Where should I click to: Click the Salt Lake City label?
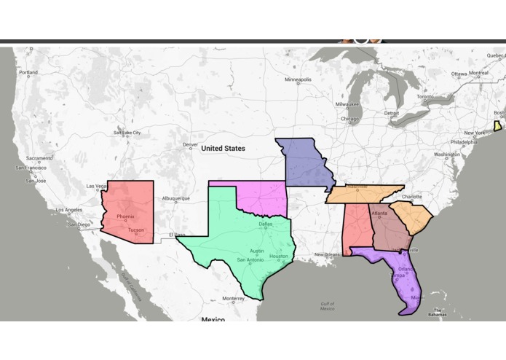tap(127, 133)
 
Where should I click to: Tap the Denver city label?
tap(190, 144)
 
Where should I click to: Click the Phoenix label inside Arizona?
tap(125, 216)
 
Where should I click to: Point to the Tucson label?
tap(136, 230)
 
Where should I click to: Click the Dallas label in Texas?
tap(266, 224)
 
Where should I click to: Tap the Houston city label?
tap(279, 257)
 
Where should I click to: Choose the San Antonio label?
tap(250, 260)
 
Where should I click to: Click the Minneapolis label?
tap(298, 79)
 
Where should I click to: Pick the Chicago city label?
tap(349, 119)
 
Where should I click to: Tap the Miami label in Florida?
tap(416, 297)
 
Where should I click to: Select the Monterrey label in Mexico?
tap(234, 298)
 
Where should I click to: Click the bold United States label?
tap(223, 149)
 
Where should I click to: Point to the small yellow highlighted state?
tap(497, 126)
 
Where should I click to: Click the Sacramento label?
tap(39, 159)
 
